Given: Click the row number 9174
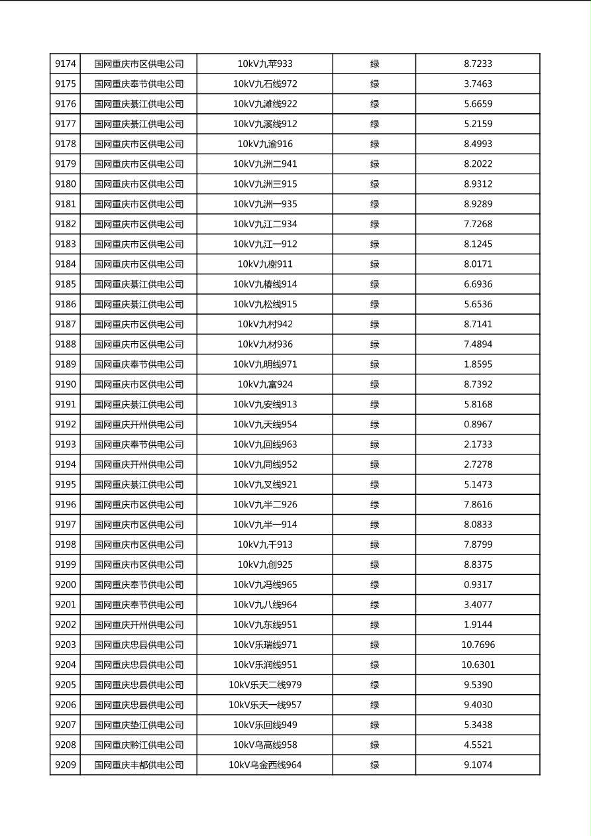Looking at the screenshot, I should pos(66,64).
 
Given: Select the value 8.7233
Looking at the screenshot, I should pos(478,64).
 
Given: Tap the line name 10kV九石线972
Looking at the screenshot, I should pos(265,84).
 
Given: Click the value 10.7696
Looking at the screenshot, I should pos(478,645).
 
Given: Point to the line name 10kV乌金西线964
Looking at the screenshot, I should pos(265,765).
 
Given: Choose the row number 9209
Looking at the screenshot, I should pos(66,765).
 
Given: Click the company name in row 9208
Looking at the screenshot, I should pos(139,745).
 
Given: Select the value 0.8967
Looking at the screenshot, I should pos(478,425).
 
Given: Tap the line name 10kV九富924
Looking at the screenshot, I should pos(265,384).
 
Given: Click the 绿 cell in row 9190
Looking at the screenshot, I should pos(374,384).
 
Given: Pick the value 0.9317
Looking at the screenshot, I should pos(478,585).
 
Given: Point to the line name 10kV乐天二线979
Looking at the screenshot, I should pos(265,685).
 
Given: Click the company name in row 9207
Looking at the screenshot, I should pos(139,725).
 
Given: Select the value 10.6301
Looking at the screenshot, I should pos(478,665).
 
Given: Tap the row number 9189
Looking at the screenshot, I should pos(66,364).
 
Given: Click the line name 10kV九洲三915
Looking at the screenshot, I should pos(265,184).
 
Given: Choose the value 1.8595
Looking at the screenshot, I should pos(478,364).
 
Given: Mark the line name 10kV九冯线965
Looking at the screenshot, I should pos(265,585).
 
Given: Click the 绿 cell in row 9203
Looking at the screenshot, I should pos(374,645).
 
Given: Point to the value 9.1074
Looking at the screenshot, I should pos(478,765).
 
